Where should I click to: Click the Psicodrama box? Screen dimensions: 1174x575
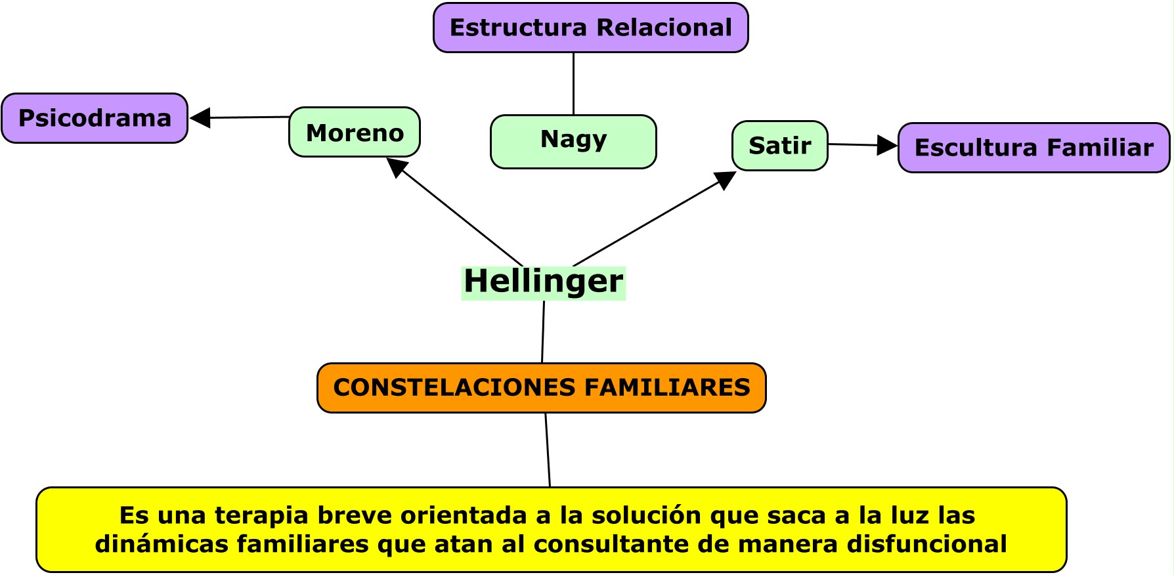95,118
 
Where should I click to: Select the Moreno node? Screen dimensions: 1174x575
355,132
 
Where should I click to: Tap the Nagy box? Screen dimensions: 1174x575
573,142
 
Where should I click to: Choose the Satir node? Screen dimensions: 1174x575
780,146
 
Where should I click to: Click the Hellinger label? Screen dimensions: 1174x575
544,282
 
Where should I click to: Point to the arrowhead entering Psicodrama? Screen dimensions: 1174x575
200,118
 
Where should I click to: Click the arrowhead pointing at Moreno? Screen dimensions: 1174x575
397,167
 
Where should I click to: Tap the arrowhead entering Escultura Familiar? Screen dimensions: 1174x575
888,146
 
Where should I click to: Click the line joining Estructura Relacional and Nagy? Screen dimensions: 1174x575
573,84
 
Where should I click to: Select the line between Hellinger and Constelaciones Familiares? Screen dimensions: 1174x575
543,332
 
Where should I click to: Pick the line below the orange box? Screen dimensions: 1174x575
548,450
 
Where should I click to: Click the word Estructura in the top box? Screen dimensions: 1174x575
518,28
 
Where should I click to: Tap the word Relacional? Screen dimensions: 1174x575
664,28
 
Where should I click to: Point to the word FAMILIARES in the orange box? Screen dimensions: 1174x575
667,387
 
